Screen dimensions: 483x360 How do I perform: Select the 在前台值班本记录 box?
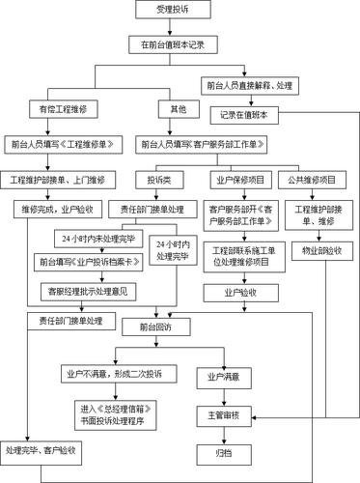click(180, 44)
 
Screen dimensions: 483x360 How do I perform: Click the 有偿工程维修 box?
click(63, 108)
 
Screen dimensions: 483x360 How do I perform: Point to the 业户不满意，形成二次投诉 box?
click(100, 373)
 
